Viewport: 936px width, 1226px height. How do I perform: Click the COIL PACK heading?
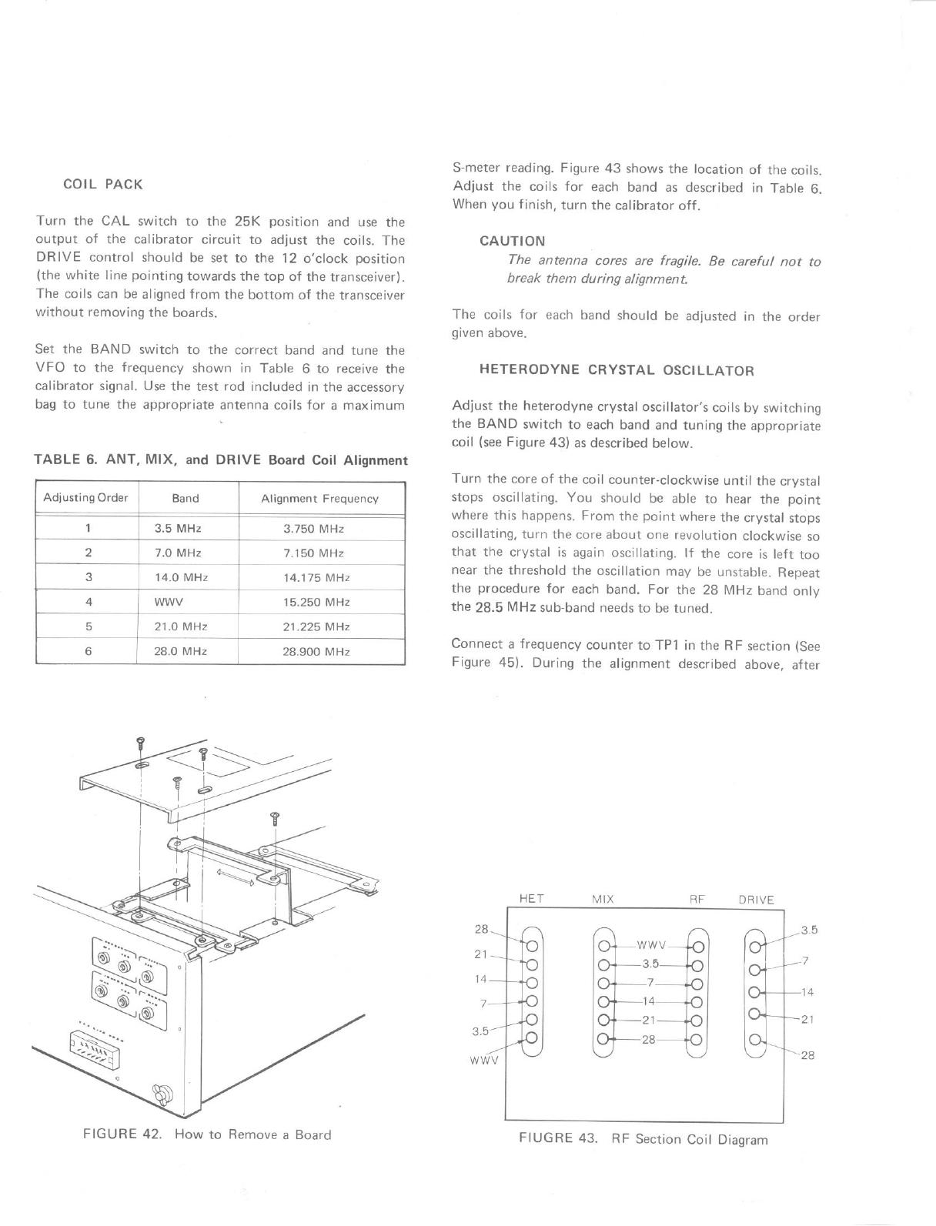[102, 185]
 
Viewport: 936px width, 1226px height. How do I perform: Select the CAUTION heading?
[512, 242]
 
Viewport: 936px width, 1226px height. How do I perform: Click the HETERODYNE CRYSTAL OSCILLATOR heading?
[617, 370]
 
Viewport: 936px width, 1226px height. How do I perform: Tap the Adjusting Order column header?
[85, 498]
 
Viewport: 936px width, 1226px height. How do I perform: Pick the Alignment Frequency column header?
[319, 499]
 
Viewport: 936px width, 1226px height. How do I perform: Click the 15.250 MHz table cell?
[316, 603]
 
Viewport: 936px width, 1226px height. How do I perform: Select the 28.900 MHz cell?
[316, 652]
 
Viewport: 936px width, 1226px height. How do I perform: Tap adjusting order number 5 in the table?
[89, 627]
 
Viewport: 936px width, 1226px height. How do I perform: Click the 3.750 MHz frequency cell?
[313, 529]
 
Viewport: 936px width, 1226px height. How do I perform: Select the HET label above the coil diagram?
[532, 899]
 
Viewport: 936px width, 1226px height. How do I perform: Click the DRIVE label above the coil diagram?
[756, 900]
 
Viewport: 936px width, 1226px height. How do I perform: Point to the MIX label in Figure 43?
[602, 899]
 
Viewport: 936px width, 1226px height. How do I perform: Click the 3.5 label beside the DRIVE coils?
[808, 930]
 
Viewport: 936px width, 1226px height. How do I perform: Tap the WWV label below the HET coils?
[484, 1059]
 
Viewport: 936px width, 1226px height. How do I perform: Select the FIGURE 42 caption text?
[206, 1135]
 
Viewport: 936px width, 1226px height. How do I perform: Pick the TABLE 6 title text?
[221, 460]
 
